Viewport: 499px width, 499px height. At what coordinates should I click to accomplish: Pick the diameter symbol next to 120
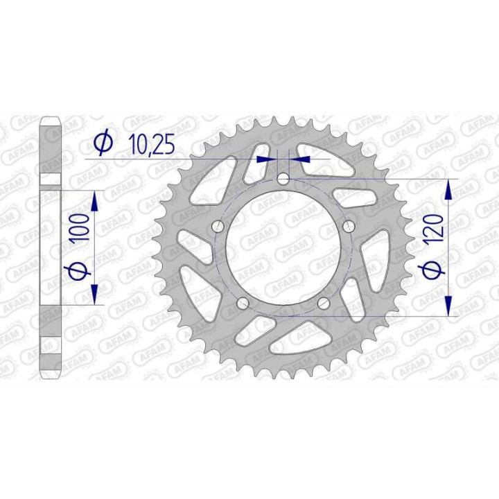[432, 272]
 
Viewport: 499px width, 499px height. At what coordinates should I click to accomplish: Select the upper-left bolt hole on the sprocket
[217, 227]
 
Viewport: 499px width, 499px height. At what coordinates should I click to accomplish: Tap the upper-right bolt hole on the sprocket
[348, 227]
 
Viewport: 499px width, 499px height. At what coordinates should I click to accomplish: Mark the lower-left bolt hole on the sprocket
[242, 304]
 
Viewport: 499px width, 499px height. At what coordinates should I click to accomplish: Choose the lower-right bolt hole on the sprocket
[323, 304]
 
